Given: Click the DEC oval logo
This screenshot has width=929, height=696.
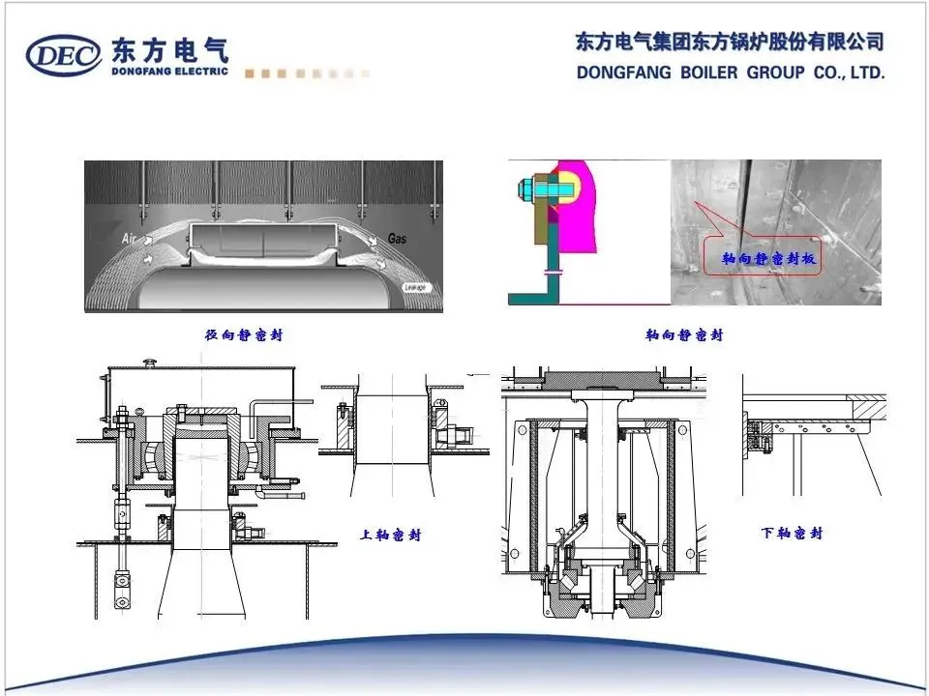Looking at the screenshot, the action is tap(64, 56).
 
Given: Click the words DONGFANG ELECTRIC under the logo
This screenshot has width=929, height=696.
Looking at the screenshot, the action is tap(170, 71).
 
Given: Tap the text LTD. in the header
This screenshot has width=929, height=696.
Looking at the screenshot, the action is tap(865, 72).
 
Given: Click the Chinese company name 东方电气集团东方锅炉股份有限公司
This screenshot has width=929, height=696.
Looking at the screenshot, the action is tap(730, 43).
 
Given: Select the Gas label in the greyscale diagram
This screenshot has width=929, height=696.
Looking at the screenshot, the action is tap(397, 237).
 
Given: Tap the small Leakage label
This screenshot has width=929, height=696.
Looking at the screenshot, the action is tap(417, 288).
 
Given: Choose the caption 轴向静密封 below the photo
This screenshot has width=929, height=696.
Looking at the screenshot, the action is tap(684, 335).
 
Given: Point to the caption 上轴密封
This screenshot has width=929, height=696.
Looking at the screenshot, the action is tap(391, 535).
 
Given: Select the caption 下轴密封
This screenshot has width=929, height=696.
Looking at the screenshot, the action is tap(792, 533).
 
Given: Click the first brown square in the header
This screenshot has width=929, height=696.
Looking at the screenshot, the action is tap(250, 73).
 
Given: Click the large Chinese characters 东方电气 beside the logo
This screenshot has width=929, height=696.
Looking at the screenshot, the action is tap(170, 47).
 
